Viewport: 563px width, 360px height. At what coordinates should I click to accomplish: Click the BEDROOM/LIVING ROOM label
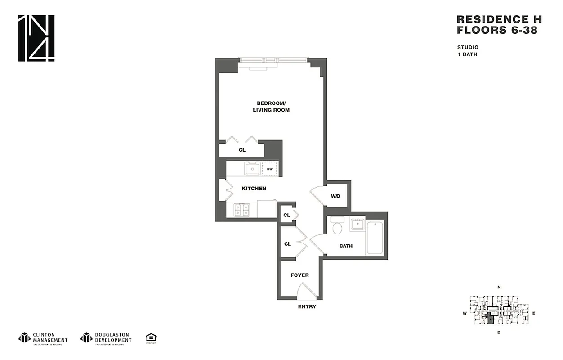271,106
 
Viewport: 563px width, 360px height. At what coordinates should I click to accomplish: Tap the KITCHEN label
254,189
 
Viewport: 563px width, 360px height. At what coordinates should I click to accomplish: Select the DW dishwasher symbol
270,169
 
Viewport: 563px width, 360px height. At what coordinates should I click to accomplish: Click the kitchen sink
252,169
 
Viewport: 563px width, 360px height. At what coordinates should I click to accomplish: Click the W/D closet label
335,196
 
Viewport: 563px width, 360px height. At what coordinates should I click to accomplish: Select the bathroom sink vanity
358,224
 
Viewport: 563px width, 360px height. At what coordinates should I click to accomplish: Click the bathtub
375,237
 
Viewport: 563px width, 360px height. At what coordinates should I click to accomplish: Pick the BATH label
346,246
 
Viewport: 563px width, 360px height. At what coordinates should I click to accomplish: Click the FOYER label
299,275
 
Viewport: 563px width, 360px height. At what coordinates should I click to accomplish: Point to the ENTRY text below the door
307,307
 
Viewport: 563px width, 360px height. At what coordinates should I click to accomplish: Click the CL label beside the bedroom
242,150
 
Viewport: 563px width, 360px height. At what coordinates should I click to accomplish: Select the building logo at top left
36,38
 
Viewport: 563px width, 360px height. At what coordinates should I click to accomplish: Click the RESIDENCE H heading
499,19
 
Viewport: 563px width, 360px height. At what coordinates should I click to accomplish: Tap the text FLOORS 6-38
496,31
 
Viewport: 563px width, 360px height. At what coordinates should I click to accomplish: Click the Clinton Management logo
43,337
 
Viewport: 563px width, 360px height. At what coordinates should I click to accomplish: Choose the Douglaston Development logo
106,337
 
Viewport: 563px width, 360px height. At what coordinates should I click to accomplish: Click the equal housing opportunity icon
151,337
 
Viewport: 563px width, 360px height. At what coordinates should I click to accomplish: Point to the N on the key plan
499,287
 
